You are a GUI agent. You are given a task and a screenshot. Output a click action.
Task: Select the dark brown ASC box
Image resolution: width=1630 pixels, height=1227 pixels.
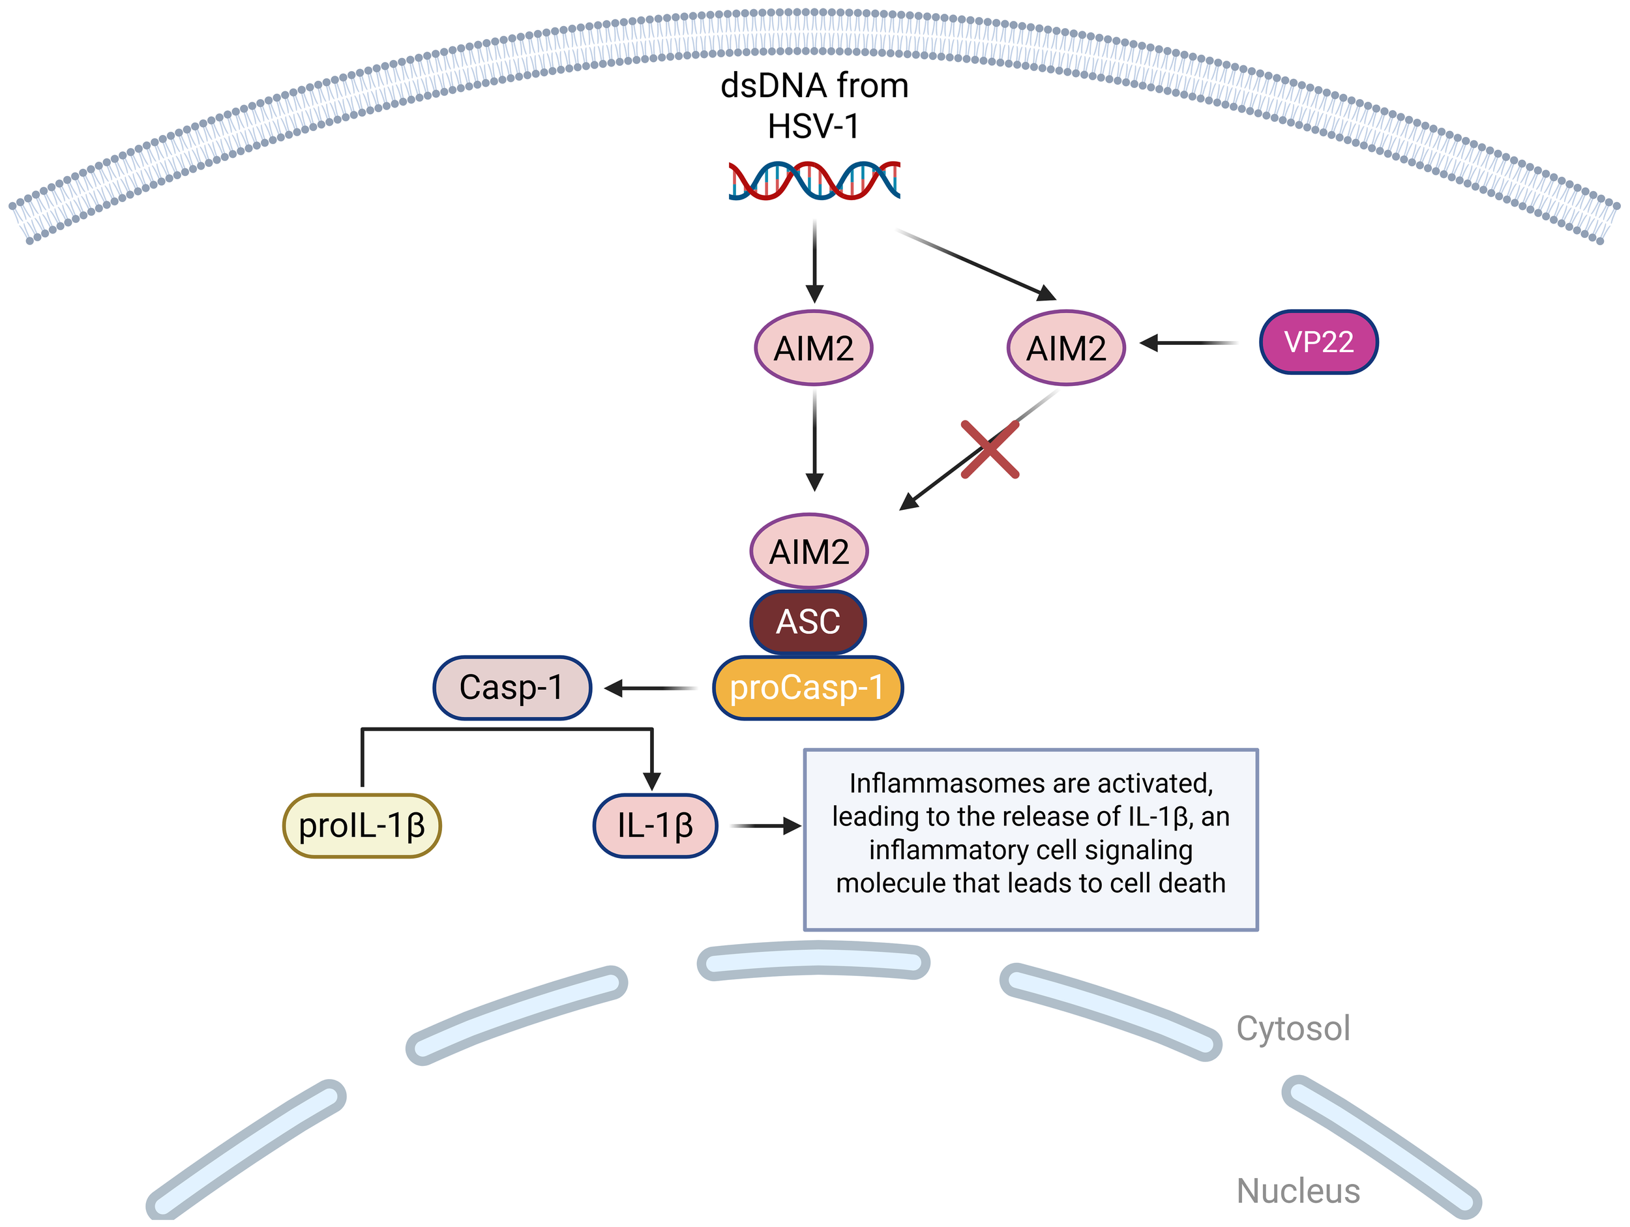click(808, 621)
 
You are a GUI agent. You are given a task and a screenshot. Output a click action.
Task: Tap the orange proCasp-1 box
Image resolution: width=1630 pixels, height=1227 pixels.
click(808, 688)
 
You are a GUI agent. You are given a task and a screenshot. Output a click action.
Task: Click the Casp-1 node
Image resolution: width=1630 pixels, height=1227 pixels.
click(511, 688)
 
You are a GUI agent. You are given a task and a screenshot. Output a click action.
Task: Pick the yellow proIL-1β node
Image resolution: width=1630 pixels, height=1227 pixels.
click(362, 825)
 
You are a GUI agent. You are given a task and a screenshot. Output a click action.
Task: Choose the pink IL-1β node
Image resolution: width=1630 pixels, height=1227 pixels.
click(655, 825)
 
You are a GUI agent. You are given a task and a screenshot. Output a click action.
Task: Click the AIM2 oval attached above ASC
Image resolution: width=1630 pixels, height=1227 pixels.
click(809, 551)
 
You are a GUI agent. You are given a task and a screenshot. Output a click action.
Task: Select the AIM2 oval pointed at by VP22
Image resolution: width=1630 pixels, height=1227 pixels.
click(1065, 348)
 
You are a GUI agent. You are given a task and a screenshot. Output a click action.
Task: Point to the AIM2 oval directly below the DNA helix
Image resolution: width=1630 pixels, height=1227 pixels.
click(814, 348)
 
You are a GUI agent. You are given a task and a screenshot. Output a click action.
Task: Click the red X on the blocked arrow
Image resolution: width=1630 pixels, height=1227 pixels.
click(990, 450)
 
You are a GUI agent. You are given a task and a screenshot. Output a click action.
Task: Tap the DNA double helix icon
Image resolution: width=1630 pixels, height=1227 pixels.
click(814, 181)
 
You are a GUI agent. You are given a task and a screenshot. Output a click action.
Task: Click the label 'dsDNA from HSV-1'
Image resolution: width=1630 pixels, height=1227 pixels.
click(814, 106)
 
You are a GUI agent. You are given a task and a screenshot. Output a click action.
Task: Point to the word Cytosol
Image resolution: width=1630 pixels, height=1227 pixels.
click(1292, 1028)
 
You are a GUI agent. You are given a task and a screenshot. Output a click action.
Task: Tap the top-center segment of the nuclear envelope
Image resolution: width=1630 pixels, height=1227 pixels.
click(814, 962)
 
